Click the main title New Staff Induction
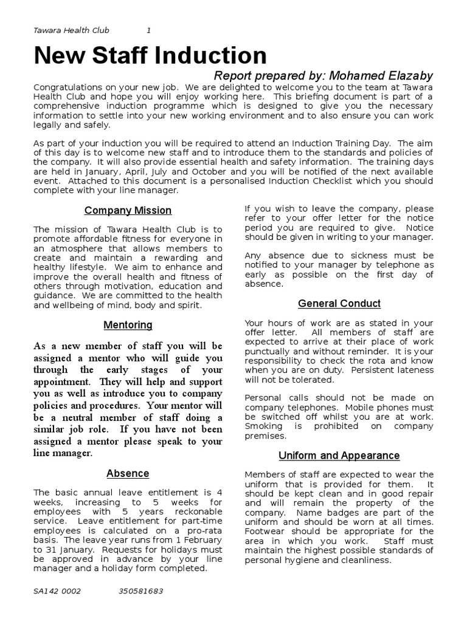pyautogui.click(x=150, y=55)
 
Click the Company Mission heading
pyautogui.click(x=128, y=211)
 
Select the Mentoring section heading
pyautogui.click(x=128, y=325)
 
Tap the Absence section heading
pyautogui.click(x=128, y=473)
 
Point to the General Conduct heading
pyautogui.click(x=339, y=303)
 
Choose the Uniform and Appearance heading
pyautogui.click(x=339, y=455)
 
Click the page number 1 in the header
pyautogui.click(x=149, y=30)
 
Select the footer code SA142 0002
pyautogui.click(x=57, y=591)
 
